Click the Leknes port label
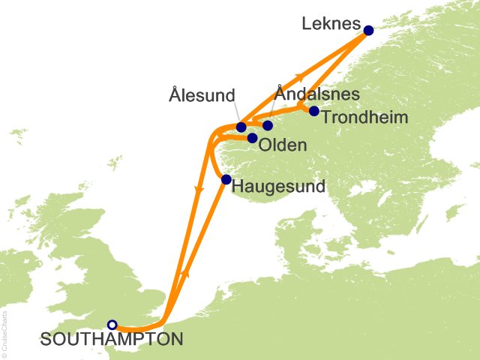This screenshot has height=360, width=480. point(330,24)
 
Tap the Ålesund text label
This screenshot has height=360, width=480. point(202,95)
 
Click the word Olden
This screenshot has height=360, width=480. point(282,145)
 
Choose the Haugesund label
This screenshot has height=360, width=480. point(278,185)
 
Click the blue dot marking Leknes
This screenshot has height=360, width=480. point(368,31)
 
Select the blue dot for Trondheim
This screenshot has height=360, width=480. point(314,112)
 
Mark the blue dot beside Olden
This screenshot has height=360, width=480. point(253,138)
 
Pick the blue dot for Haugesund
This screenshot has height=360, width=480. point(226,179)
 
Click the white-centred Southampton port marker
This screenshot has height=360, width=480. point(112,325)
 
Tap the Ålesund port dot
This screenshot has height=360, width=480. point(241,127)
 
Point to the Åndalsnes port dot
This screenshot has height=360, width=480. point(268,125)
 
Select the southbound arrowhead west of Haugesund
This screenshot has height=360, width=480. point(198,192)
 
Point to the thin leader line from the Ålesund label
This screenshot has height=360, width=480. point(234,113)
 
